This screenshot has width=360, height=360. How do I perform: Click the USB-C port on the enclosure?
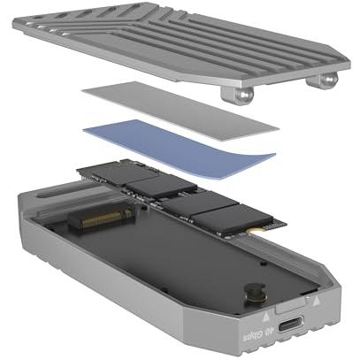(x=290, y=324)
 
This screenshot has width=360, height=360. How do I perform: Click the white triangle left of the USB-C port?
(x=265, y=317)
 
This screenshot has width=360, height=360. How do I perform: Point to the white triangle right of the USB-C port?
(x=316, y=301)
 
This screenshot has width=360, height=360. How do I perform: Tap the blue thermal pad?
(x=179, y=149)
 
